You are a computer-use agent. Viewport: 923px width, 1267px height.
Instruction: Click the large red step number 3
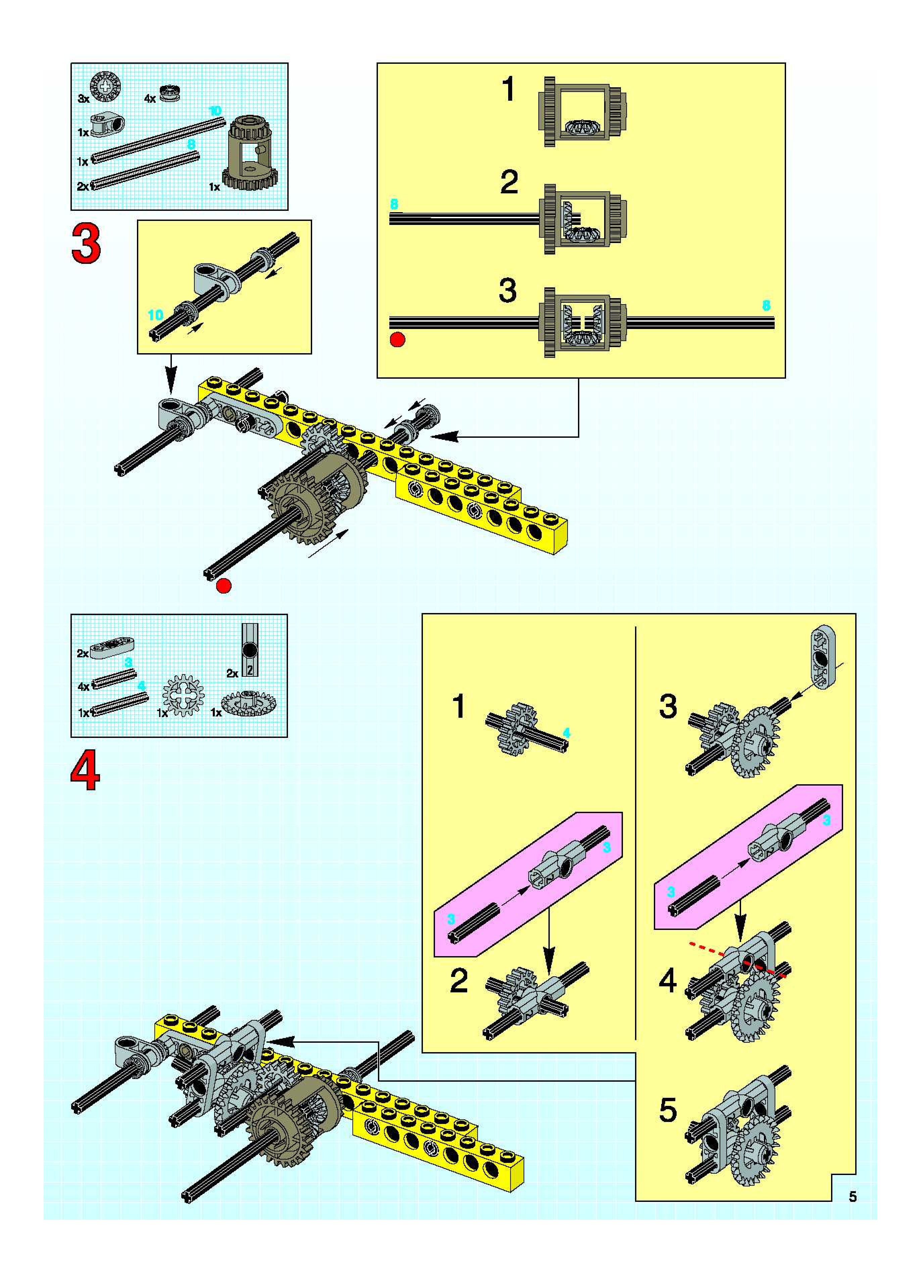click(86, 244)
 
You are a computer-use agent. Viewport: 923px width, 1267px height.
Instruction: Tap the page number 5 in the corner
click(853, 1196)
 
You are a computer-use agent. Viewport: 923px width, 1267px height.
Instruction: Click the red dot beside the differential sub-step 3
click(397, 339)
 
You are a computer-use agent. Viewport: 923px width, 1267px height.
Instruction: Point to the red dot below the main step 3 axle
click(224, 586)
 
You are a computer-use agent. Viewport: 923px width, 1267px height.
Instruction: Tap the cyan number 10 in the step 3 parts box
click(215, 111)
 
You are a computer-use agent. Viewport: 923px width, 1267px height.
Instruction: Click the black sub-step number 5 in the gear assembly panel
click(668, 1110)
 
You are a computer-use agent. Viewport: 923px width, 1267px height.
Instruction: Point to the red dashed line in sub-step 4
click(737, 959)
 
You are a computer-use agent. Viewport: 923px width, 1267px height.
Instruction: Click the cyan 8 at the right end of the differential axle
click(766, 306)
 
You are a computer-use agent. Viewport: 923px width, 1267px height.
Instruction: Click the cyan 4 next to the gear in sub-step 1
click(567, 733)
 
